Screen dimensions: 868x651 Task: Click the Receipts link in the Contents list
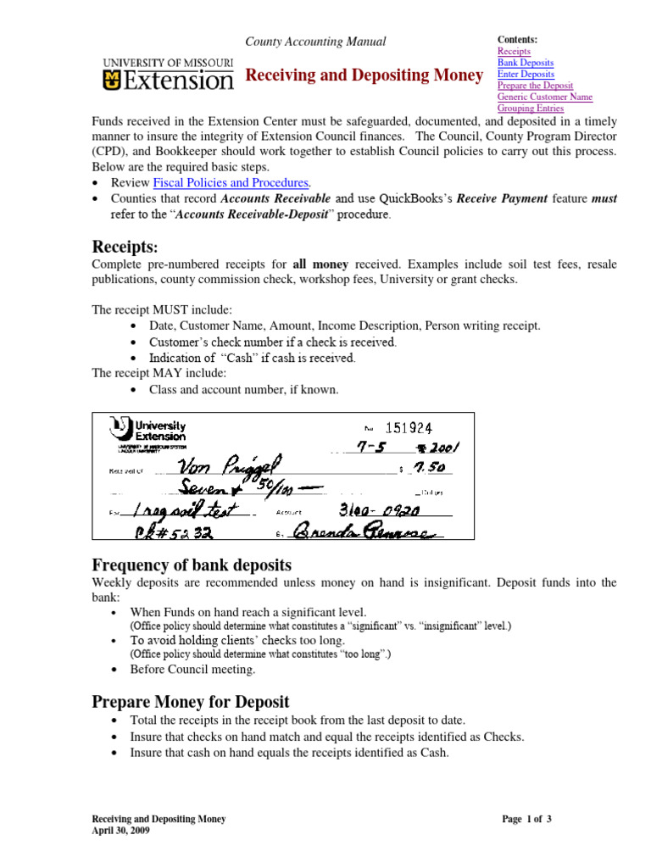point(513,52)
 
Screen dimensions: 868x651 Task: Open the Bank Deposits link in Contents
point(525,64)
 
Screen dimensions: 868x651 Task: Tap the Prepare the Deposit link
point(535,86)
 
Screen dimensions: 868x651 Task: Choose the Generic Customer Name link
point(544,97)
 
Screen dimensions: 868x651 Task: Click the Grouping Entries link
point(530,108)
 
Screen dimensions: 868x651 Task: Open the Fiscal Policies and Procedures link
point(231,182)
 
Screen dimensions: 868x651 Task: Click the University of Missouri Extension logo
point(167,75)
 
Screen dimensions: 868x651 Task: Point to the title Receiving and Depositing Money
point(364,76)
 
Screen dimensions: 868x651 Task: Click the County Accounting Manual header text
point(315,42)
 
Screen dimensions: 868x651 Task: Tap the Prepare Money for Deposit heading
point(191,702)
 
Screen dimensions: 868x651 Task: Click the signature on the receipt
point(364,532)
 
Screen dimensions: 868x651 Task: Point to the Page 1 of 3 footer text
point(526,819)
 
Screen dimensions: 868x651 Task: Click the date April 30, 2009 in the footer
point(121,831)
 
